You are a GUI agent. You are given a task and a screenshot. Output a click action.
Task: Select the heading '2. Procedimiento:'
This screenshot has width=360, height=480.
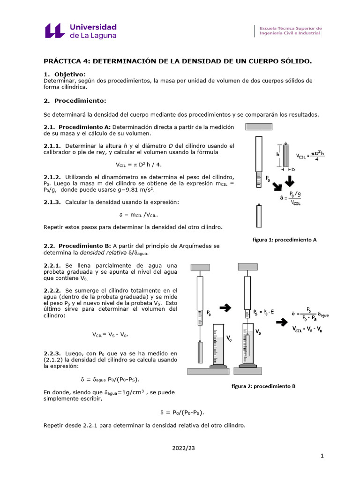[x=75, y=100]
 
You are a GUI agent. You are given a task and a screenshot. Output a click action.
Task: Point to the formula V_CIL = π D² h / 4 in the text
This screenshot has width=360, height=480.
[x=139, y=165]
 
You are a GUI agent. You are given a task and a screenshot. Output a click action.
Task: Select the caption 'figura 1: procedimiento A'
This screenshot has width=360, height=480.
[x=285, y=240]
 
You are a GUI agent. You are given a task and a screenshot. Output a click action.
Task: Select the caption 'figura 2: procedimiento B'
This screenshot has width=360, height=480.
[x=263, y=386]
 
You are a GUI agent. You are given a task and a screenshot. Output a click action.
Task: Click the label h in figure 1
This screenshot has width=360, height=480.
[x=278, y=154]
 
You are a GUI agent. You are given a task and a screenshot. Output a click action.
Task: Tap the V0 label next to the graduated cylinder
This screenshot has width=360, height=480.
[x=229, y=337]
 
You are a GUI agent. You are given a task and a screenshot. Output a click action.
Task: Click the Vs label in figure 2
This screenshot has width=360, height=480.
[x=258, y=332]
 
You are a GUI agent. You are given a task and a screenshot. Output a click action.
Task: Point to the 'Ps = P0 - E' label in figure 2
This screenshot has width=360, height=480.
[x=264, y=312]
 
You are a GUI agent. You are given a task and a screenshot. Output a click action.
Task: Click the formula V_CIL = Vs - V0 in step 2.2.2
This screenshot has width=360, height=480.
[x=110, y=335]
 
